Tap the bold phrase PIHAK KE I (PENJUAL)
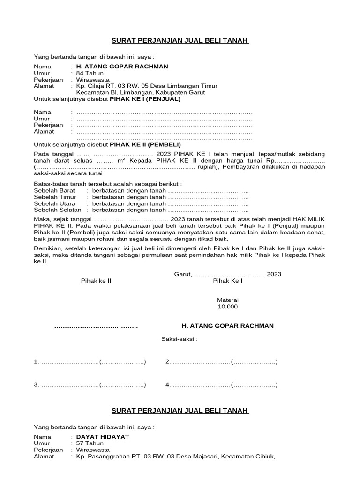[145, 99]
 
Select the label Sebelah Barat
[55, 191]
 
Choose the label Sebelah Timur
[55, 197]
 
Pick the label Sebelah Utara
[54, 204]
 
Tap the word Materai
[228, 300]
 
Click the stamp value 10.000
[228, 307]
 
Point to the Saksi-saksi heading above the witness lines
[180, 339]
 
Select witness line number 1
[90, 362]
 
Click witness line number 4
[221, 385]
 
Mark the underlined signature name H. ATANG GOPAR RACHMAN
[227, 326]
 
